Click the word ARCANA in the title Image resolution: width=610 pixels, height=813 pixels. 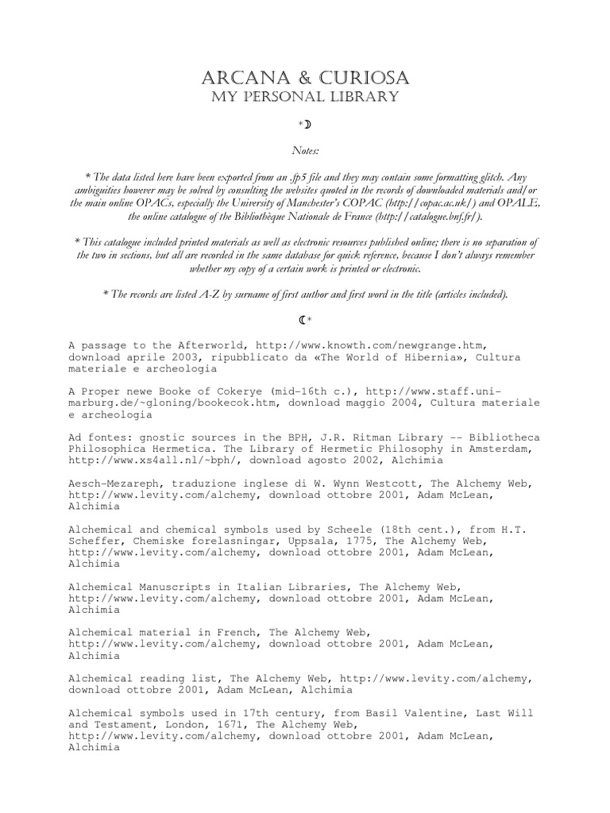241,79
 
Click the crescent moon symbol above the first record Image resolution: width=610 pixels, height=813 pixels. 303,320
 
